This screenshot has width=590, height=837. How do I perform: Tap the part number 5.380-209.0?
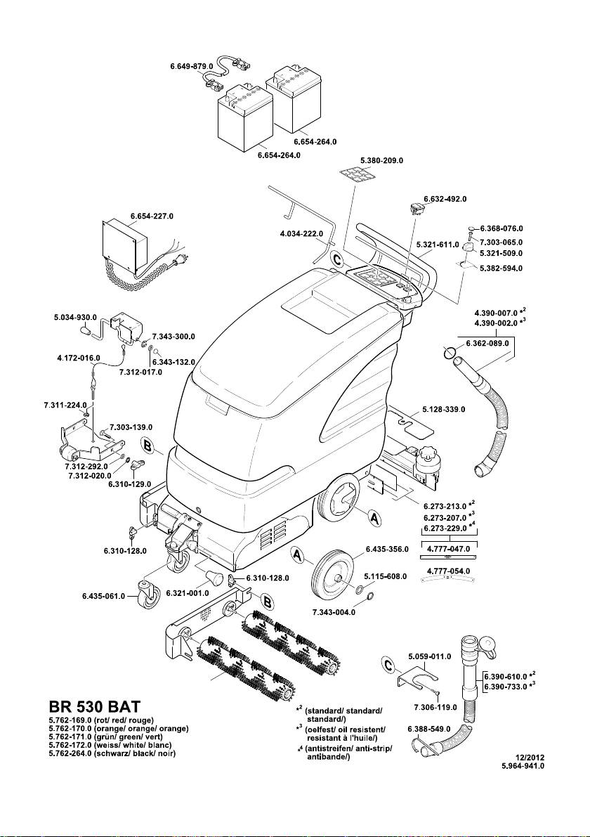coord(381,161)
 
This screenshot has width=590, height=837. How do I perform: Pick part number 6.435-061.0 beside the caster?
coord(104,597)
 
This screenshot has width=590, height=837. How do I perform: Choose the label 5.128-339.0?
coord(445,409)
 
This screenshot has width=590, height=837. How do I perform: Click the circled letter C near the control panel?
coord(339,260)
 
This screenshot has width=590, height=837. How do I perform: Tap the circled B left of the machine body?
coord(148,446)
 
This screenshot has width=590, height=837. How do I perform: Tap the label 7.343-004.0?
coord(334,612)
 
